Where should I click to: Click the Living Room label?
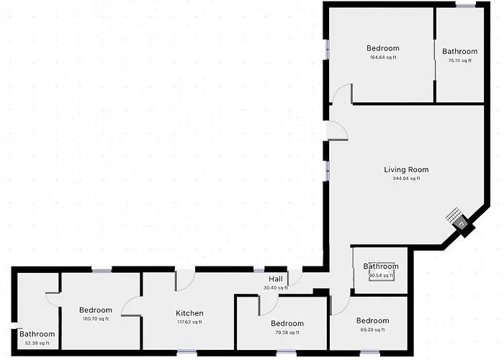coord(406,169)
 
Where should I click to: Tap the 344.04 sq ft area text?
coord(406,179)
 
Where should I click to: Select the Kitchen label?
coord(189,313)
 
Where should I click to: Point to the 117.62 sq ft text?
coord(189,322)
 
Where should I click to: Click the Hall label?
coord(276,279)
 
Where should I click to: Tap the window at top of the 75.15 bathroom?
coord(466,5)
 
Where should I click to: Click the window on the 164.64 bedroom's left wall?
coord(327,49)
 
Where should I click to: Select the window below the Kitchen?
coord(186,352)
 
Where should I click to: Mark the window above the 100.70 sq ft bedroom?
coord(102,270)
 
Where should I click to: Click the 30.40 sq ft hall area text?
coord(276,288)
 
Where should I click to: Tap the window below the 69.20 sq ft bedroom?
coord(369,352)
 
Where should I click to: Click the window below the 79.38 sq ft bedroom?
coord(287,352)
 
